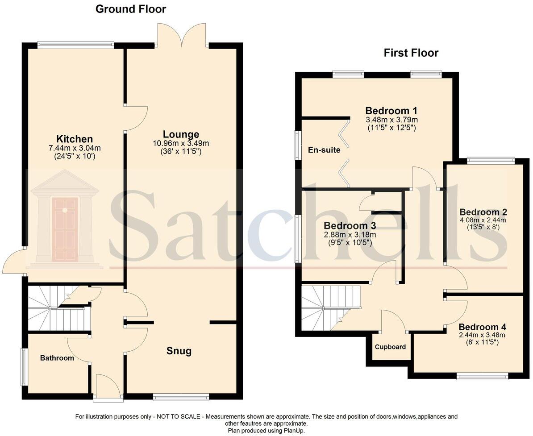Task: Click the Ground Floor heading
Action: tap(130, 9)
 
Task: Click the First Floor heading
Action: tap(411, 53)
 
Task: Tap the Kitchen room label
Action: tap(74, 139)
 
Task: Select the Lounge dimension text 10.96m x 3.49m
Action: tap(181, 143)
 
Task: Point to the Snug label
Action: tap(179, 351)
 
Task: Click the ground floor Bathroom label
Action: tap(57, 358)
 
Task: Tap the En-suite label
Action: tap(324, 150)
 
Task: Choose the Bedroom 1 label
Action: tap(391, 111)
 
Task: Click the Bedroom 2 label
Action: tap(483, 212)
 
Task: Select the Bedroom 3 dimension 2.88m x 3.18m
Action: tap(350, 235)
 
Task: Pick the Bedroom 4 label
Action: tap(482, 327)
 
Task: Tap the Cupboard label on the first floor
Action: tap(390, 347)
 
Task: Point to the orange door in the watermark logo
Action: tap(65, 229)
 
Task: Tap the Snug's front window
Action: tap(180, 396)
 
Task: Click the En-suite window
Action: tap(296, 145)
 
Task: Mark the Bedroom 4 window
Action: tap(482, 377)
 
